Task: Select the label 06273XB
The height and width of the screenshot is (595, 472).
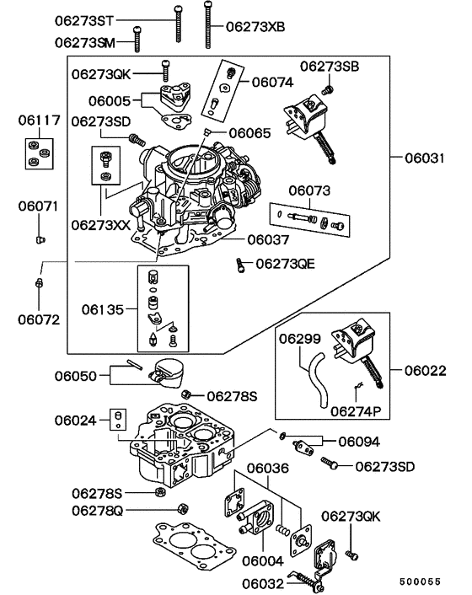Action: coord(255,27)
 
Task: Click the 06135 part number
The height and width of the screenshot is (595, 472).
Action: coord(102,309)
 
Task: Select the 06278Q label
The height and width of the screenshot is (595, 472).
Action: coord(97,510)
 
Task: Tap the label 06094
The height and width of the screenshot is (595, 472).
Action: coord(360,441)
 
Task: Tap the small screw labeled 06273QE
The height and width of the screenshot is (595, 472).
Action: coord(241,265)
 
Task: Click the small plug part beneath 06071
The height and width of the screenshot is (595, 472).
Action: coord(39,240)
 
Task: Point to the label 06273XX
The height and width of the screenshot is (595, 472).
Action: coord(101,225)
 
